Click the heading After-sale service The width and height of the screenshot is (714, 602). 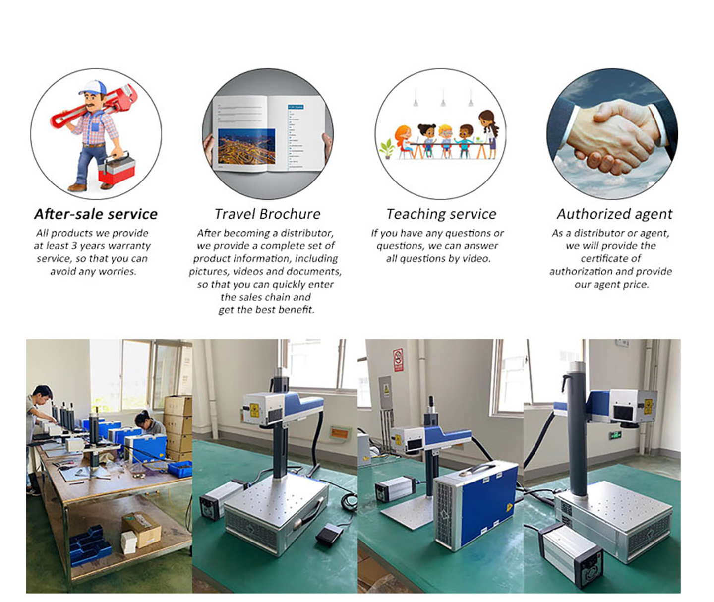pyautogui.click(x=96, y=214)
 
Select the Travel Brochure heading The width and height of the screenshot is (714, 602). pyautogui.click(x=267, y=214)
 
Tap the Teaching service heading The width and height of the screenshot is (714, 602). pyautogui.click(x=441, y=214)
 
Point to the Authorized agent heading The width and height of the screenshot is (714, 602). pyautogui.click(x=614, y=214)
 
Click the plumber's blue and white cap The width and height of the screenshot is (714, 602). pyautogui.click(x=93, y=87)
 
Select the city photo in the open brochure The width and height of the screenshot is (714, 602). pyautogui.click(x=246, y=147)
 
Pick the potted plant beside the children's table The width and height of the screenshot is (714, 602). pyautogui.click(x=387, y=149)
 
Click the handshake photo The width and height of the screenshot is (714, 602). pyautogui.click(x=612, y=134)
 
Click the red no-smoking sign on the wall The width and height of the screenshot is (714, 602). pyautogui.click(x=398, y=360)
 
